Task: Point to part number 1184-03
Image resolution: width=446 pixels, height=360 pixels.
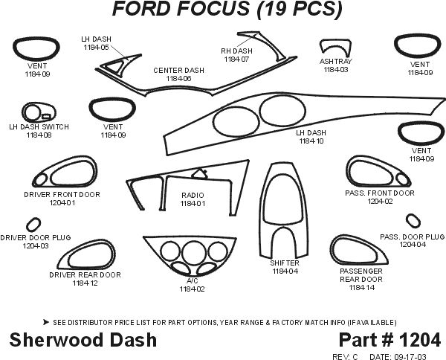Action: (335, 70)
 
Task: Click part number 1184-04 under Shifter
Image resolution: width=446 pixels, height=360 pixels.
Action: (285, 271)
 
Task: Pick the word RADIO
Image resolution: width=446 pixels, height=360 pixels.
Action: (193, 194)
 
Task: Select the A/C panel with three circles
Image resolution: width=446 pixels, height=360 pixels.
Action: (192, 257)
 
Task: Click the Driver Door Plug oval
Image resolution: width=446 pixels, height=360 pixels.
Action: (33, 224)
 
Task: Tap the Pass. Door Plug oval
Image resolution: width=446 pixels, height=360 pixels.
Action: (413, 221)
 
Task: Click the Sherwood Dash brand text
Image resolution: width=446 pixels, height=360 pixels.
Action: (83, 340)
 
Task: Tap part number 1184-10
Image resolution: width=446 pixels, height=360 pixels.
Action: (311, 141)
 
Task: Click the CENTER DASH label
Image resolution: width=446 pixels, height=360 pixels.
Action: (178, 70)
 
